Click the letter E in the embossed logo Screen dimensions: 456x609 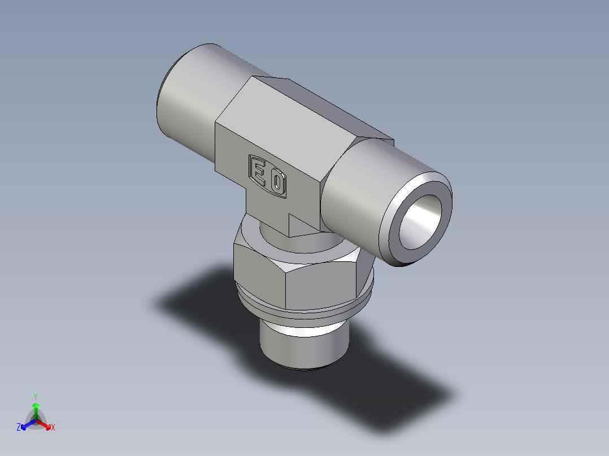(x=259, y=172)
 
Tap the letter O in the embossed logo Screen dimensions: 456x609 (x=277, y=183)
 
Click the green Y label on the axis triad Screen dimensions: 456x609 (x=35, y=396)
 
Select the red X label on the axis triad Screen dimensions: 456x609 (x=53, y=428)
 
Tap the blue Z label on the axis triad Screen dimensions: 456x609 (x=19, y=428)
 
